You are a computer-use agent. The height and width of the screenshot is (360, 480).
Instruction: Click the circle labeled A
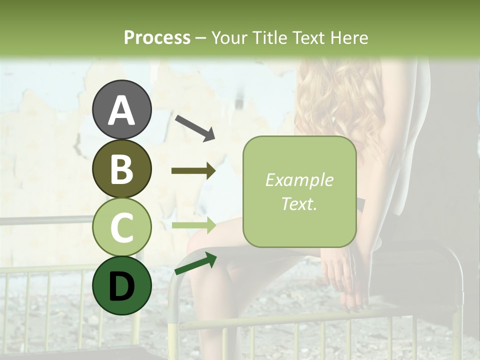[x=121, y=109]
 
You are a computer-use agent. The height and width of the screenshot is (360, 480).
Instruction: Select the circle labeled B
[x=121, y=168]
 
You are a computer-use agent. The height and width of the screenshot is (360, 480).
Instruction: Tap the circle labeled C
[x=121, y=227]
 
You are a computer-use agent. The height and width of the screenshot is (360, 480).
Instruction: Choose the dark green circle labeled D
[x=121, y=286]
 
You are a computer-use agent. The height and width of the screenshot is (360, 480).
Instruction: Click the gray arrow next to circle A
[x=194, y=127]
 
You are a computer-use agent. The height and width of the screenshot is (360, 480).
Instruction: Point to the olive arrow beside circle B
[x=193, y=171]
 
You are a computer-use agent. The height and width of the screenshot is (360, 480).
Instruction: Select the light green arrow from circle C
[x=193, y=225]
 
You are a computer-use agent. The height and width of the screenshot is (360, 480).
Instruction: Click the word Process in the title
[x=157, y=37]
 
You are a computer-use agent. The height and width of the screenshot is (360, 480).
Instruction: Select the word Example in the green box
[x=299, y=180]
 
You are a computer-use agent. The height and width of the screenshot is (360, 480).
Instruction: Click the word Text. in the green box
[x=299, y=203]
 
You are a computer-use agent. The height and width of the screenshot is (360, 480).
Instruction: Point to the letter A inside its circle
[x=121, y=110]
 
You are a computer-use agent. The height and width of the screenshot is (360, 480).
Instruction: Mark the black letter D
[x=121, y=286]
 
